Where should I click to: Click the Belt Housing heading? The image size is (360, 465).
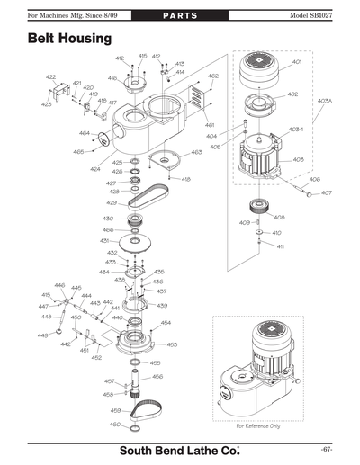pyautogui.click(x=68, y=40)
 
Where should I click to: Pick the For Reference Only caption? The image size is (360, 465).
pyautogui.click(x=258, y=425)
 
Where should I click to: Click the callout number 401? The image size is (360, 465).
pyautogui.click(x=297, y=63)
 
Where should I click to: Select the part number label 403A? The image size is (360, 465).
pyautogui.click(x=325, y=103)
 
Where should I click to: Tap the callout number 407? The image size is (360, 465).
pyautogui.click(x=327, y=193)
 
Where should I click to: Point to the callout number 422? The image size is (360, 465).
pyautogui.click(x=51, y=77)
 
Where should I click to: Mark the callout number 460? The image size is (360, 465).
pyautogui.click(x=115, y=425)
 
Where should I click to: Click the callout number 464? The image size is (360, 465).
pyautogui.click(x=84, y=133)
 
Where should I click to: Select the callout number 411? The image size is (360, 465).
pyautogui.click(x=280, y=246)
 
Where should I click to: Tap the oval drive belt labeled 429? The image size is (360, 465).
pyautogui.click(x=153, y=192)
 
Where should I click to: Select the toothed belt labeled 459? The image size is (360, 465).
pyautogui.click(x=147, y=411)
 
